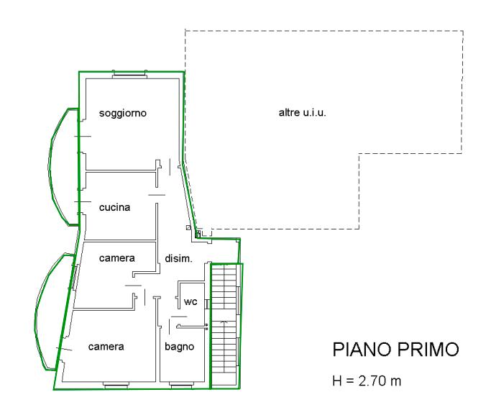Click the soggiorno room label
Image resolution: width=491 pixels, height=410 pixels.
(123, 113)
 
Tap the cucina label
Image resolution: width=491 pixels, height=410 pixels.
(114, 207)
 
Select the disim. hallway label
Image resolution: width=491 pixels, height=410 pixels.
(178, 259)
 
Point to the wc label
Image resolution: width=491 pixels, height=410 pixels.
(191, 301)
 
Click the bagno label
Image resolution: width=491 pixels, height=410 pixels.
(180, 347)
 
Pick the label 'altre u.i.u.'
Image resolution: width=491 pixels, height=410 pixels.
(302, 112)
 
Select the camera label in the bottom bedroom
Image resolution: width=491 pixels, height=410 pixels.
(106, 347)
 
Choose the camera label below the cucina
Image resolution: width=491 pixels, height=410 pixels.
(117, 258)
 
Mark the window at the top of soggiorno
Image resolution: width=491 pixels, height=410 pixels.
(129, 74)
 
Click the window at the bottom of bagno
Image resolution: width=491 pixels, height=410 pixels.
(181, 385)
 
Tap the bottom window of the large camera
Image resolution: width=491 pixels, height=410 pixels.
(116, 385)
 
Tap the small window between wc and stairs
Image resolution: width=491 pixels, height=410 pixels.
(207, 304)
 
